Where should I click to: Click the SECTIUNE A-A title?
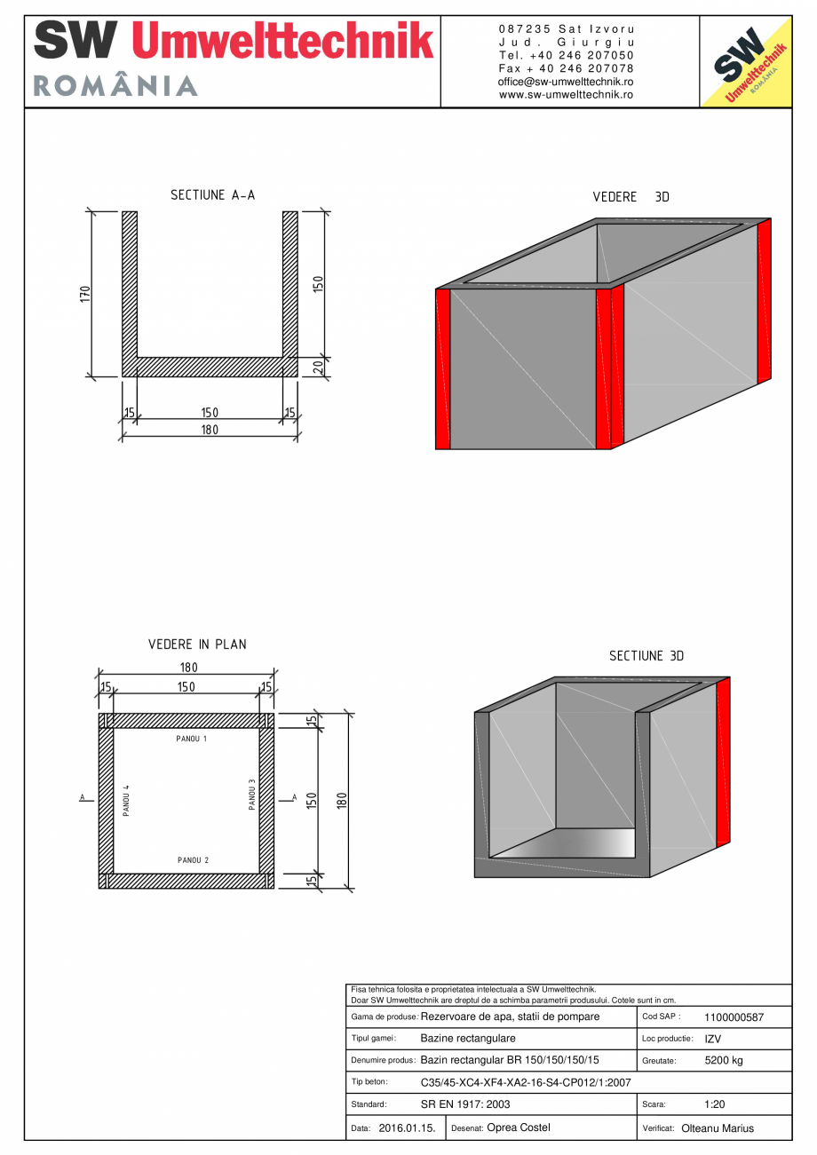click(x=212, y=195)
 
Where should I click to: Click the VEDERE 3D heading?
click(x=631, y=197)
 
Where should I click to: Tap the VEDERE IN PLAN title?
click(x=197, y=645)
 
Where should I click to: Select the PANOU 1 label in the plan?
click(x=192, y=739)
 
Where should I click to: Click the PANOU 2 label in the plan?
click(x=193, y=860)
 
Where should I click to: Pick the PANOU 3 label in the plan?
click(x=252, y=795)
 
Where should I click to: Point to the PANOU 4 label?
click(x=127, y=800)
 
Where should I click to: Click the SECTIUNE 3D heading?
click(x=646, y=656)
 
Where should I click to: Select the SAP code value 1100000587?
click(x=734, y=1018)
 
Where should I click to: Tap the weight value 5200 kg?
click(x=724, y=1061)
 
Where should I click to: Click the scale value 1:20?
click(x=716, y=1104)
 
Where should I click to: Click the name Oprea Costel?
click(x=519, y=1127)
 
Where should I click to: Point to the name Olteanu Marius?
click(x=718, y=1128)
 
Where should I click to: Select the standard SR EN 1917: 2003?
click(x=465, y=1104)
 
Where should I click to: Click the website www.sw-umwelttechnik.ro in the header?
click(x=567, y=94)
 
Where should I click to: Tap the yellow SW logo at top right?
click(x=746, y=61)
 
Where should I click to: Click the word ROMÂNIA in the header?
click(x=115, y=86)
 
